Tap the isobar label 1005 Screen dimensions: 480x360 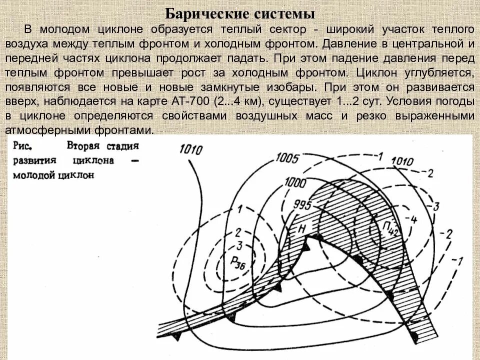point(286,159)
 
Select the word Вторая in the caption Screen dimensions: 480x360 point(83,147)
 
